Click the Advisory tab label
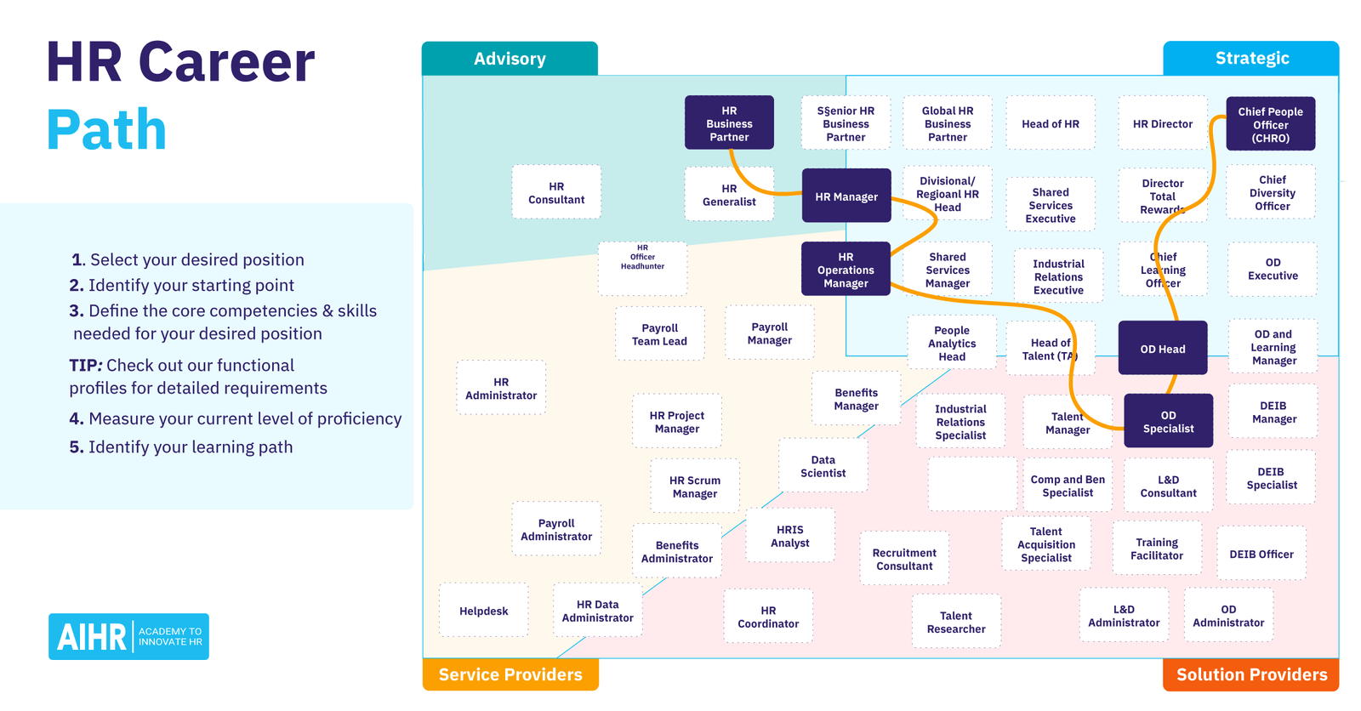[x=510, y=59]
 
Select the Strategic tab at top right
[x=1251, y=59]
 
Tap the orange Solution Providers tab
[x=1250, y=674]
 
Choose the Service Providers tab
[x=510, y=674]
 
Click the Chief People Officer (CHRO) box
[x=1270, y=124]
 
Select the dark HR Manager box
[x=846, y=196]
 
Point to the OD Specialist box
[x=1168, y=422]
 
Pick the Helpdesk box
[x=483, y=611]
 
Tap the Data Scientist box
[x=823, y=466]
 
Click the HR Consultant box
[x=556, y=193]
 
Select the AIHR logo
[x=128, y=636]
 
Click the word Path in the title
[x=106, y=130]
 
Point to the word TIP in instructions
[x=85, y=366]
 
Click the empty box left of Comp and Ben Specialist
[x=971, y=484]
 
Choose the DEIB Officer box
[x=1261, y=554]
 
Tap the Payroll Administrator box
[x=556, y=530]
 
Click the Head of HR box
[x=1050, y=124]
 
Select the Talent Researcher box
[x=956, y=622]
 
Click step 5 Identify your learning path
[x=181, y=447]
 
